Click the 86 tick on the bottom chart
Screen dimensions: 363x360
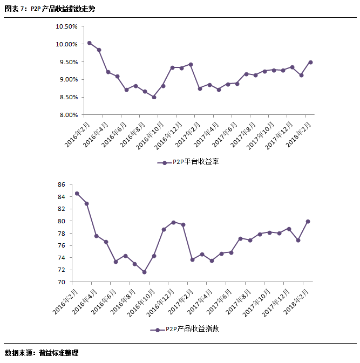tap(61, 184)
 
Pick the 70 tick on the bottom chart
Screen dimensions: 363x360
tap(61, 282)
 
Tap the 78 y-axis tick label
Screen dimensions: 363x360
tap(61, 234)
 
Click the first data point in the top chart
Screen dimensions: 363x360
tap(90, 43)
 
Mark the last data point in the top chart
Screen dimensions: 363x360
tap(310, 62)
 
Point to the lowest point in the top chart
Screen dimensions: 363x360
tap(154, 97)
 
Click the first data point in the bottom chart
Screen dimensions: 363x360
tap(77, 194)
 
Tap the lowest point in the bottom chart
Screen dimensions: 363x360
tap(144, 272)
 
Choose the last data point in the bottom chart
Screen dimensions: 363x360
tap(308, 221)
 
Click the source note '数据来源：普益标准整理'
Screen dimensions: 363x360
tap(42, 353)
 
